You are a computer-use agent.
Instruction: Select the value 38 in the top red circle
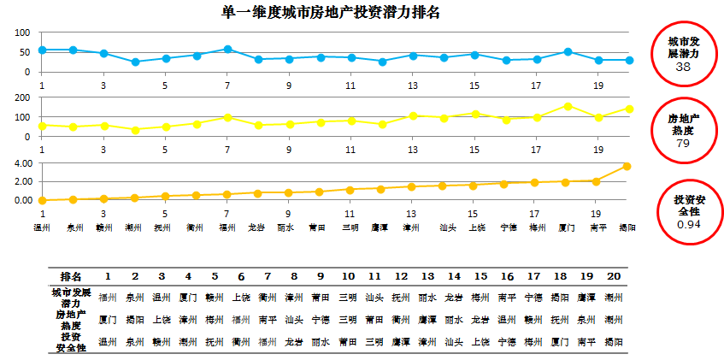click(683, 67)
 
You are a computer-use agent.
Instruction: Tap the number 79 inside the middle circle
click(683, 144)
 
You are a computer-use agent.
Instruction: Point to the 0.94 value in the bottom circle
click(683, 223)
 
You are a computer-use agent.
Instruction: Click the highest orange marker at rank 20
click(627, 166)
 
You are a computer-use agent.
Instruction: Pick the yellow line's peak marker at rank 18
click(568, 106)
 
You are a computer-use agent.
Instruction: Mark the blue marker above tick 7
click(227, 50)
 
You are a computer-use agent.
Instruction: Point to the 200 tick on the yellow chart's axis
click(24, 98)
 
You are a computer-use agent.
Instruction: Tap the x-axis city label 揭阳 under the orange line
click(627, 227)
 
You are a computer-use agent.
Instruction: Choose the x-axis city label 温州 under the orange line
click(42, 227)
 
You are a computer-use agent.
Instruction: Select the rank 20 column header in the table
click(613, 276)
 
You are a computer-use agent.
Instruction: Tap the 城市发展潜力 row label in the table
click(71, 298)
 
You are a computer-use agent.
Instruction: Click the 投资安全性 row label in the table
click(71, 342)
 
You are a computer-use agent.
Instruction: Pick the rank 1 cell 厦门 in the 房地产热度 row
click(108, 319)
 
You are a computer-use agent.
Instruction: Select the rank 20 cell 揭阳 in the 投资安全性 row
click(613, 341)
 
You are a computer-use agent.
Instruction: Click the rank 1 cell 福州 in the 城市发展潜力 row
click(108, 297)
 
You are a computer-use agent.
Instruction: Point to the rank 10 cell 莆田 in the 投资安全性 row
click(347, 341)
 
